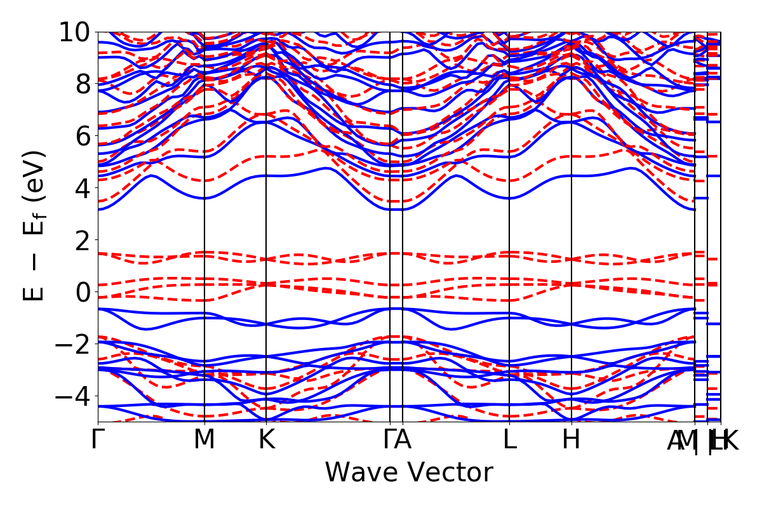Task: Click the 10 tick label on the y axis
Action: tap(75, 32)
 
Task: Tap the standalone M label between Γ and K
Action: tap(204, 440)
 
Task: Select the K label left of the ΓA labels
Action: tap(266, 440)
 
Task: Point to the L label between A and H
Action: tap(509, 440)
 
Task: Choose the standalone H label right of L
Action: tap(571, 440)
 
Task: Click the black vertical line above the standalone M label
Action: tap(204, 254)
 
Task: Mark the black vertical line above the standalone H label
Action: tap(571, 254)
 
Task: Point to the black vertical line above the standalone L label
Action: tap(509, 254)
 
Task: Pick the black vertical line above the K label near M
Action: tap(266, 254)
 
